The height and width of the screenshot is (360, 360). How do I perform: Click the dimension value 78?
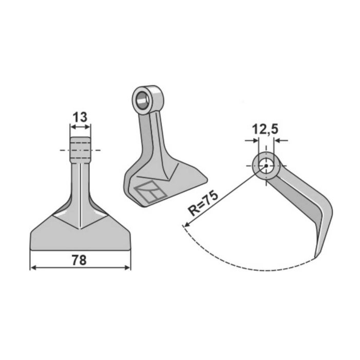(79, 260)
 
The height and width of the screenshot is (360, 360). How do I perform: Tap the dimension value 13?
(80, 117)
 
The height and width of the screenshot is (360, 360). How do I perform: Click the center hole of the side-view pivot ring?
(266, 166)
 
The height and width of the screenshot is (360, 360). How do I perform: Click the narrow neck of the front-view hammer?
(80, 180)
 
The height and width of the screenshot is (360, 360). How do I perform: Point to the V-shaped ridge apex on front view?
(80, 228)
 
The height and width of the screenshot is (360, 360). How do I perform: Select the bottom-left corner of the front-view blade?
(32, 249)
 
